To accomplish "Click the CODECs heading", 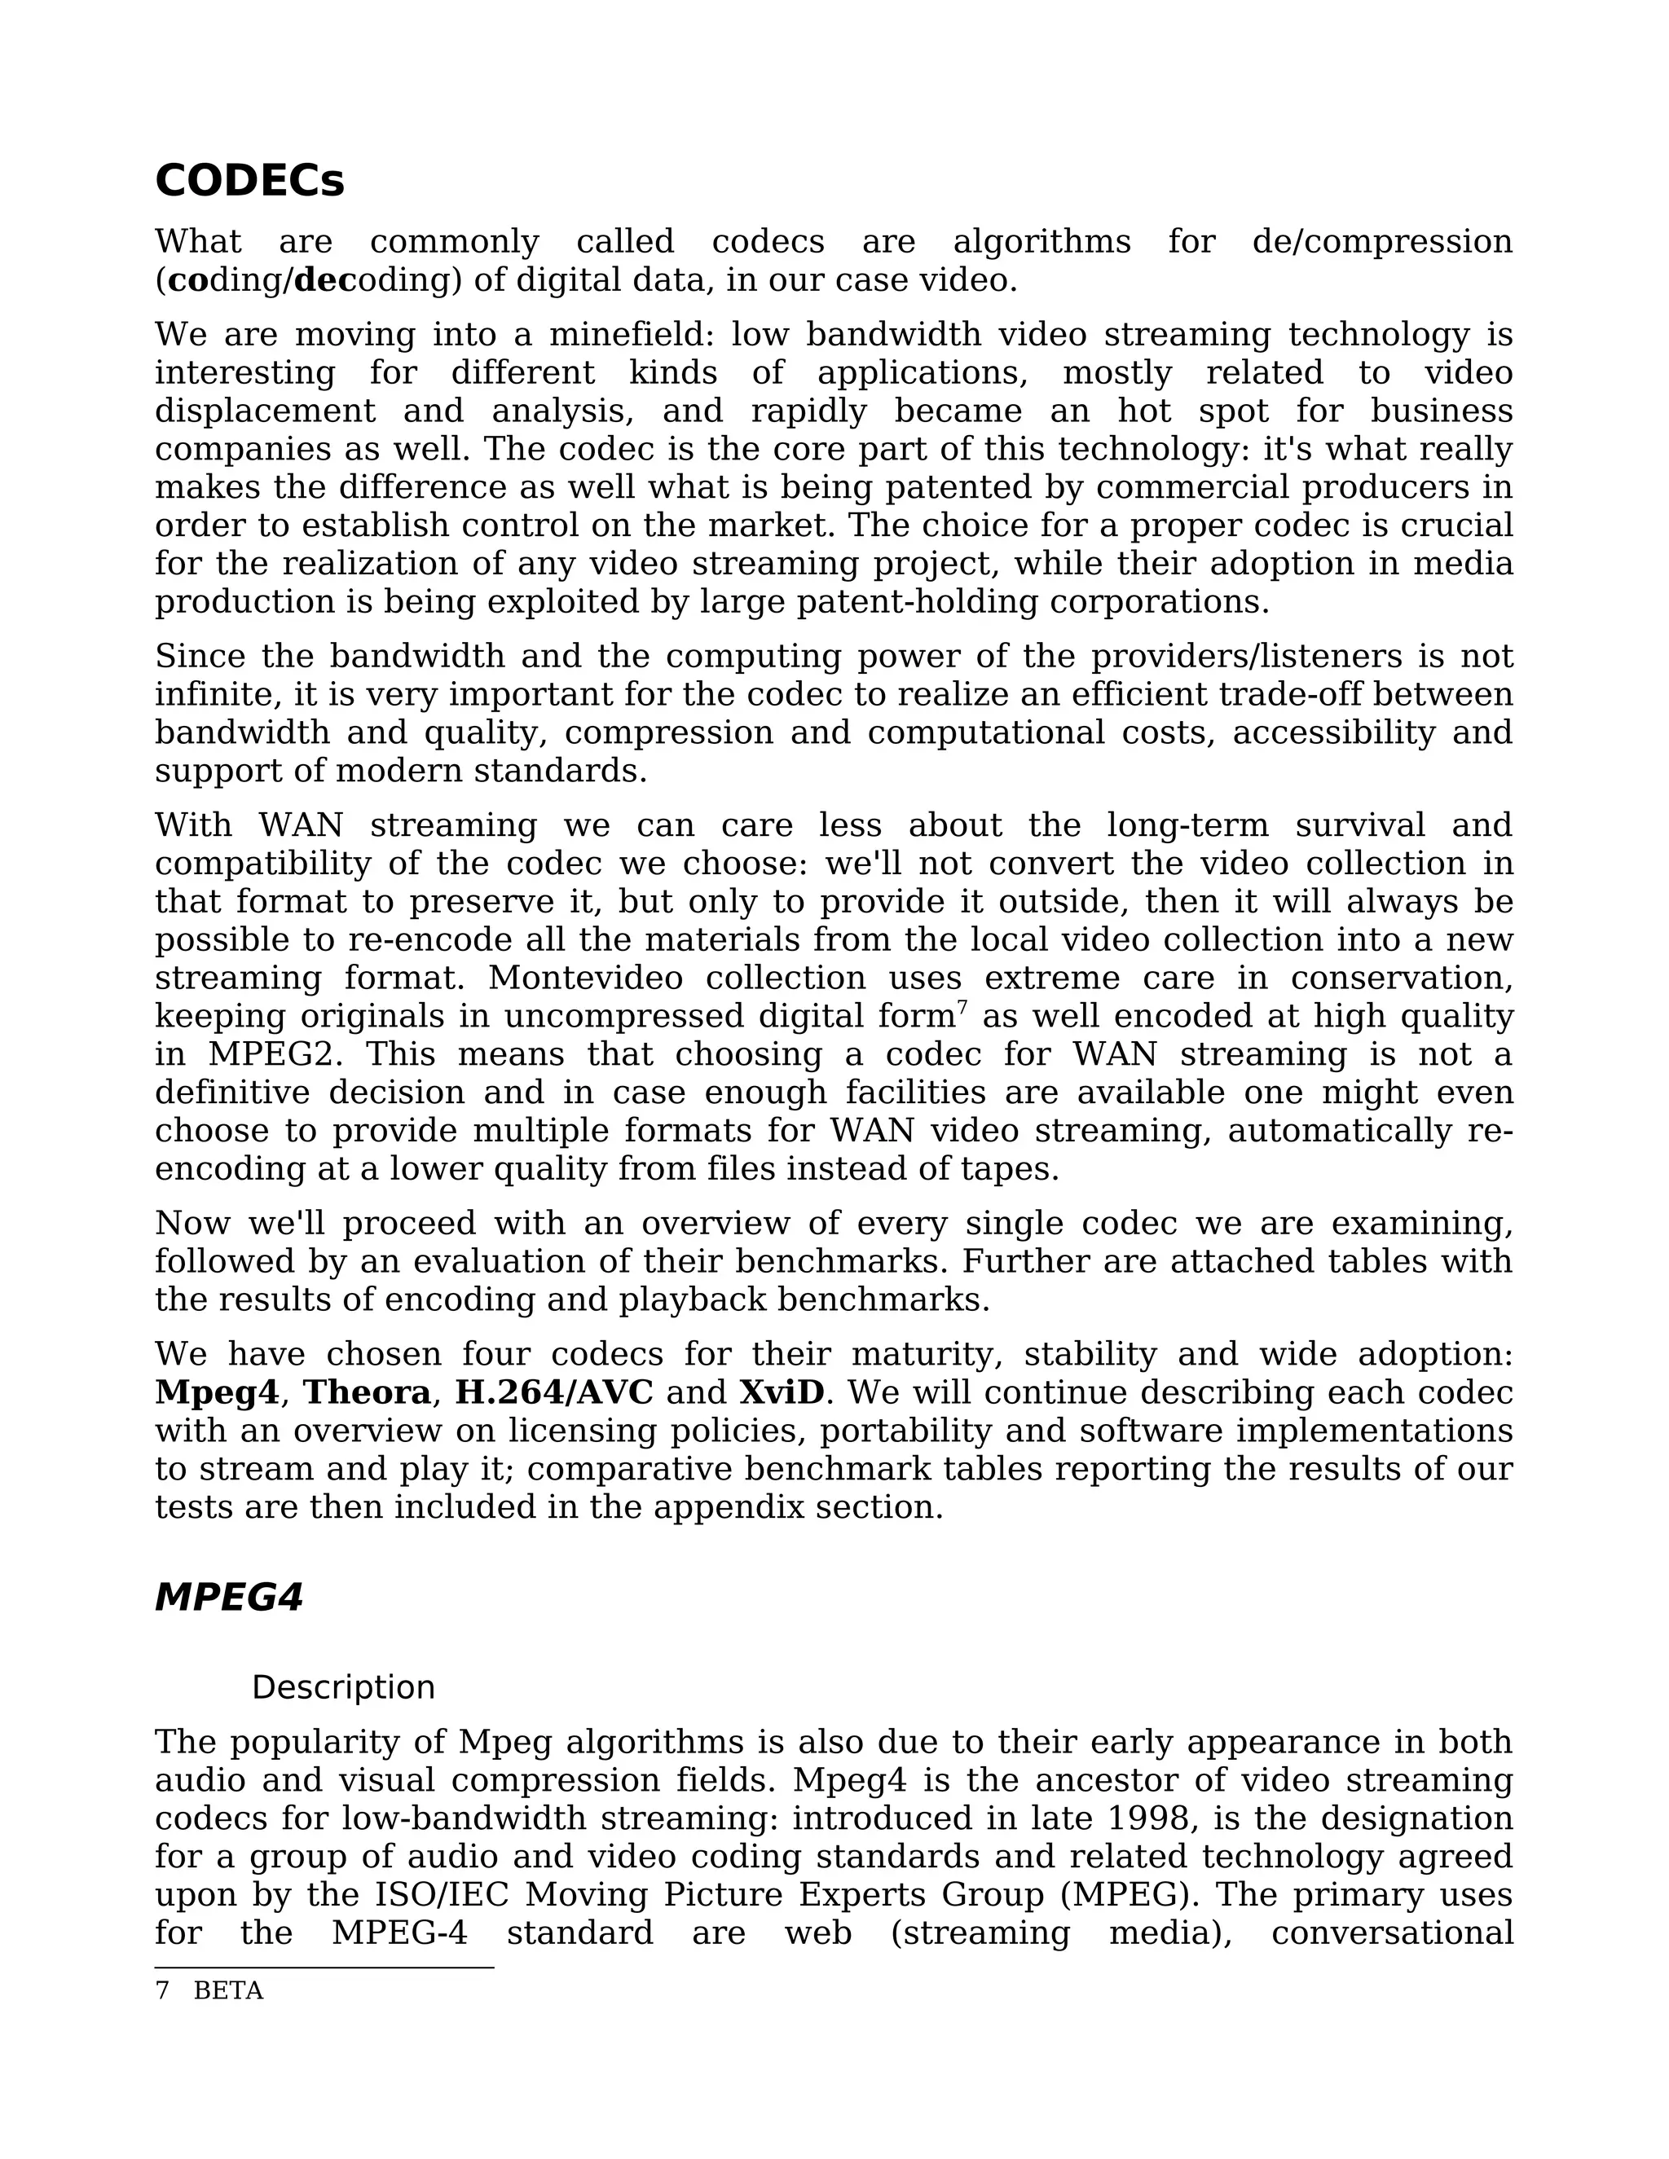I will tap(249, 182).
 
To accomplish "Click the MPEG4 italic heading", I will tap(228, 1598).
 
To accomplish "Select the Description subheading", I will tap(343, 1687).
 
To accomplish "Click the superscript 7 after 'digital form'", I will tap(962, 1009).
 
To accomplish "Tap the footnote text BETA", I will tap(228, 1991).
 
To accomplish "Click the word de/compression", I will tap(1381, 242).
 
